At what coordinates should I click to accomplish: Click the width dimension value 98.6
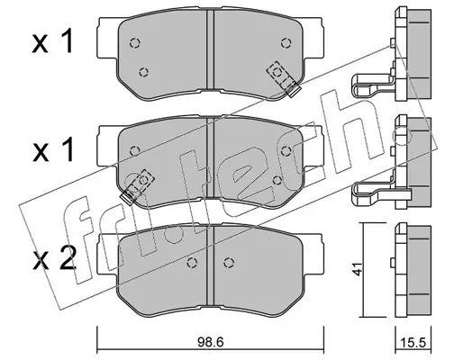click(210, 343)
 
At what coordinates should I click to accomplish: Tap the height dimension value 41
click(358, 269)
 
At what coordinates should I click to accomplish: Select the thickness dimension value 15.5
click(413, 343)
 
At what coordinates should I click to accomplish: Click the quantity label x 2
click(54, 258)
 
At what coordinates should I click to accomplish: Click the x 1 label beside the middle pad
click(53, 150)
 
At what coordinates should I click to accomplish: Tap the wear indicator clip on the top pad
click(284, 78)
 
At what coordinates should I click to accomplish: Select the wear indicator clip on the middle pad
click(137, 187)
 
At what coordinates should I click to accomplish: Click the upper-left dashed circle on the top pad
click(135, 43)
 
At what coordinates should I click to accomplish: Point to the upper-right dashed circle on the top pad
click(286, 43)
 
